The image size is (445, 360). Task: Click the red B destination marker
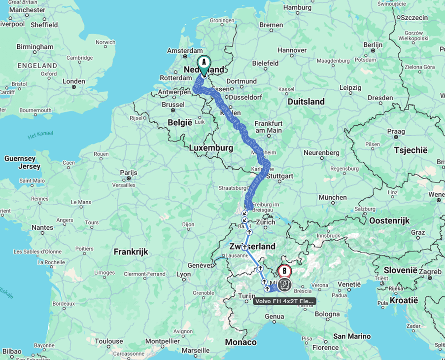[x=284, y=271]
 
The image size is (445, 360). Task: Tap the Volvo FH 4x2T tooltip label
[x=284, y=301]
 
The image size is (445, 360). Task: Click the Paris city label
[x=129, y=173]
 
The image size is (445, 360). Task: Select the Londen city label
[x=74, y=82]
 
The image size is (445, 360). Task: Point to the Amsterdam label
[x=185, y=51]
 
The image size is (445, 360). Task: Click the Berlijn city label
[x=373, y=44]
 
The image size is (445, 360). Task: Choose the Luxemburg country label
[x=211, y=148]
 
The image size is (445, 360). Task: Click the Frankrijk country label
[x=131, y=252]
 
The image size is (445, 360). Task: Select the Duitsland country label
[x=306, y=102]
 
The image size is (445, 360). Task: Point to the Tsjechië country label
[x=411, y=150]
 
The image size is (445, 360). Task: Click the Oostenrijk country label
[x=389, y=221]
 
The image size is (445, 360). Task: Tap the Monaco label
[x=240, y=342]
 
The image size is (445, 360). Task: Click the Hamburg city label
[x=298, y=7]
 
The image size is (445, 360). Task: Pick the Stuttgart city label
[x=279, y=176]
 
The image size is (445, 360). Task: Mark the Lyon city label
[x=184, y=274]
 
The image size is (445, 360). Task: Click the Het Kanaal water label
[x=40, y=134]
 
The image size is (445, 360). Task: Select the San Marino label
[x=352, y=336]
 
